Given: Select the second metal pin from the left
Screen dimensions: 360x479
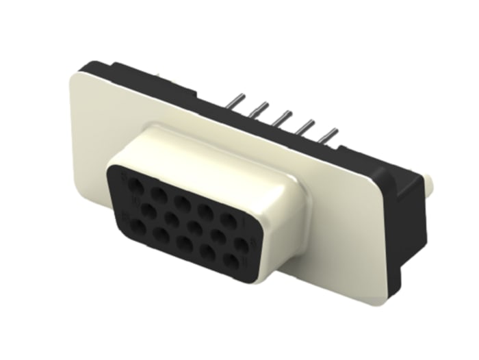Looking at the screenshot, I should [260, 109].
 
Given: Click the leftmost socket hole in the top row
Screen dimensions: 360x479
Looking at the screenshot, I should [136, 185].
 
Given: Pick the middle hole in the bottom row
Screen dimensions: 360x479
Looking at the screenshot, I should [184, 243].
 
